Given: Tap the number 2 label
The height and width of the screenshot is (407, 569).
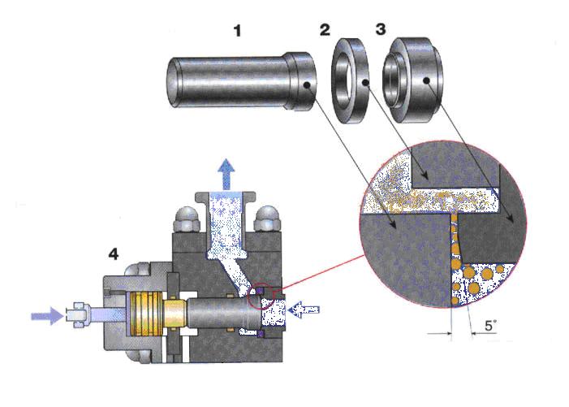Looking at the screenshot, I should [x=325, y=31].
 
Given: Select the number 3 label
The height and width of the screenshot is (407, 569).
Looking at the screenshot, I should [x=381, y=31].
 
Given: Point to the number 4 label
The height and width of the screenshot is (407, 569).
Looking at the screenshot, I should [x=114, y=254].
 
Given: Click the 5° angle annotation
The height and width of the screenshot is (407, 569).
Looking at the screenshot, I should [x=491, y=327].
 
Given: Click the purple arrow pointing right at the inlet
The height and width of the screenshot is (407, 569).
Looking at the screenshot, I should [x=47, y=314].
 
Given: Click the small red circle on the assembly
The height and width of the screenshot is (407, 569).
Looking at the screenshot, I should [x=264, y=297].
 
